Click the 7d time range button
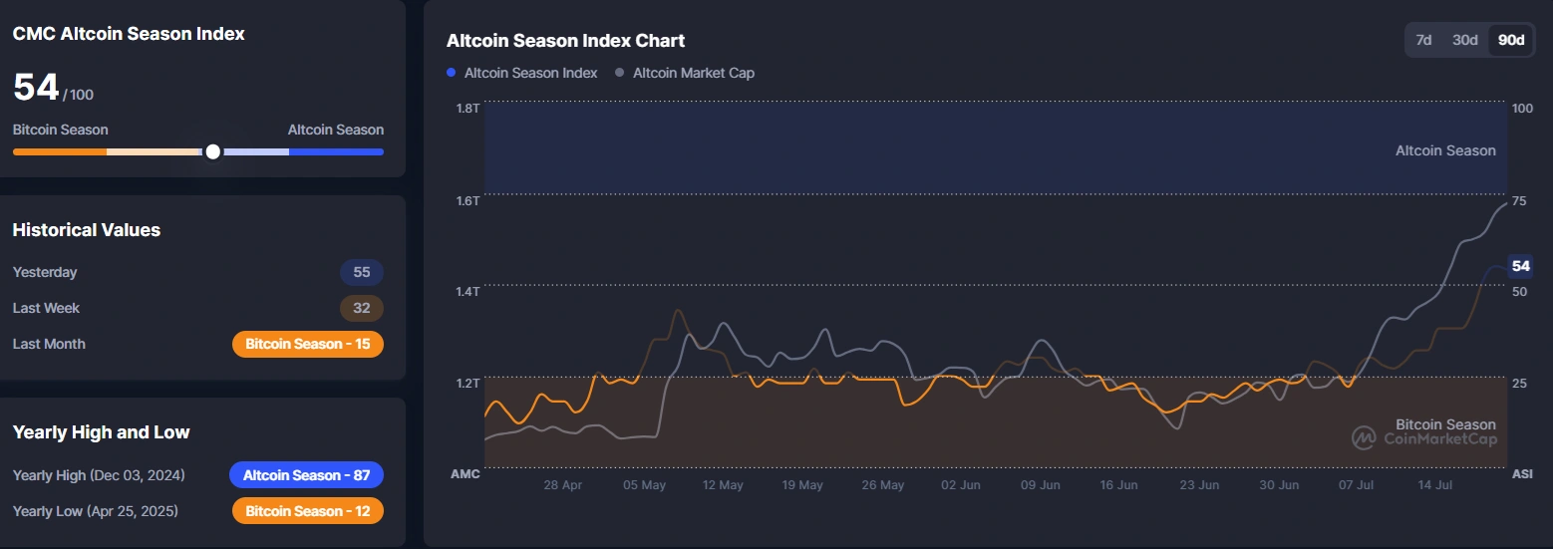[x=1423, y=40]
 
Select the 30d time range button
[x=1464, y=40]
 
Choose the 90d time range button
[x=1511, y=40]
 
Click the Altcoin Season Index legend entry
[x=522, y=73]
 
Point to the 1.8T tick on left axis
[x=468, y=108]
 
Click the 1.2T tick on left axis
[x=468, y=384]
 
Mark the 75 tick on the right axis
[x=1519, y=201]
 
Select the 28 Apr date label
[x=563, y=485]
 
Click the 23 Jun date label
[x=1199, y=485]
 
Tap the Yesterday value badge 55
[x=361, y=272]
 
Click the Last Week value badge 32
[x=361, y=308]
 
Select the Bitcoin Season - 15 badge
[x=307, y=344]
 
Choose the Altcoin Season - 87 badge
[x=306, y=475]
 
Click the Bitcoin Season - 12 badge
[x=307, y=511]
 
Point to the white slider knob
[x=212, y=151]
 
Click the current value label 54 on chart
[x=1520, y=266]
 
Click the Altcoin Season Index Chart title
[x=565, y=41]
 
